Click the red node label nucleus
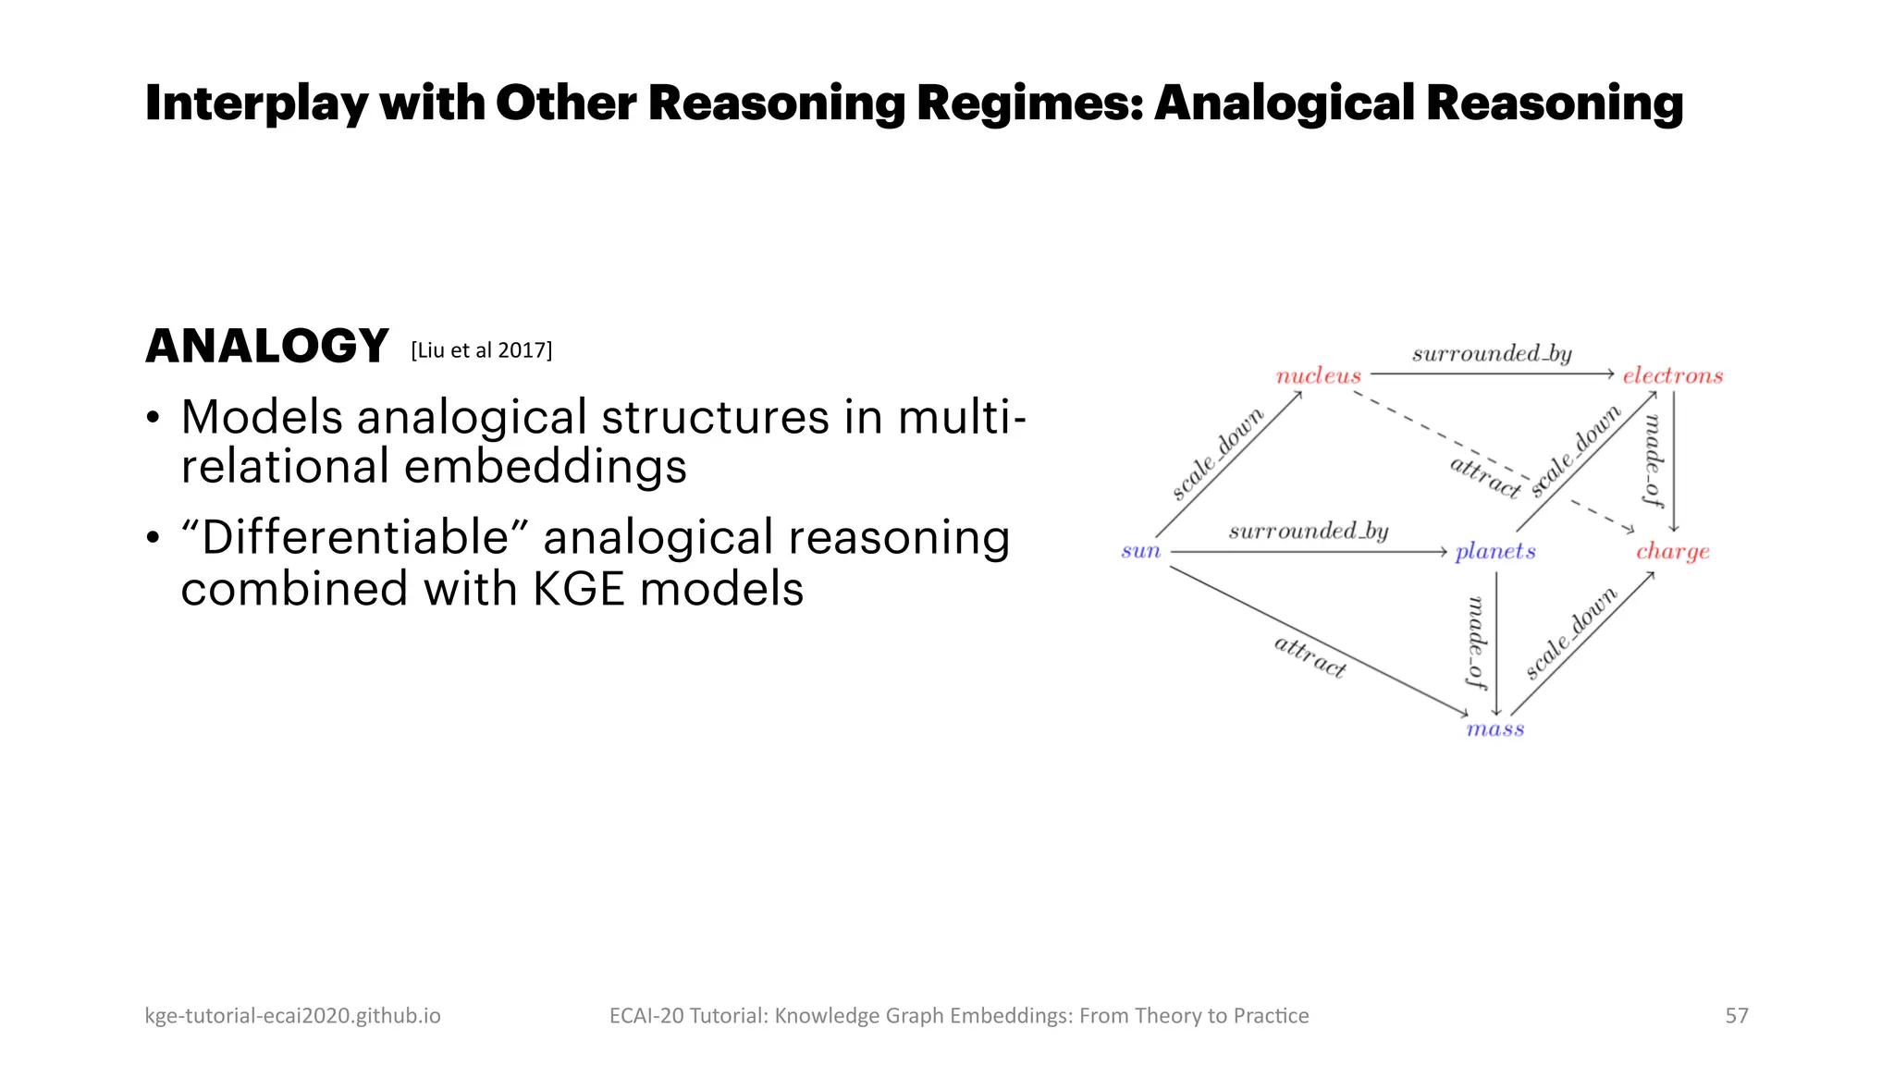point(1318,375)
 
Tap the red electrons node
point(1672,375)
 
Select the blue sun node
point(1140,551)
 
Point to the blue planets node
point(1494,552)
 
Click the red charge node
point(1672,552)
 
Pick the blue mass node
point(1494,728)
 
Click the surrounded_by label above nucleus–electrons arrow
point(1491,353)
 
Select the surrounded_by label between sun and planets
point(1308,531)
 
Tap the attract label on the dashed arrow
point(1484,476)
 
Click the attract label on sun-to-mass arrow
point(1310,655)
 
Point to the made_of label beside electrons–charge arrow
point(1652,459)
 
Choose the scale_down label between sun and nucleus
point(1217,454)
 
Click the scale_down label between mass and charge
point(1570,632)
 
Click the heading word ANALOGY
point(266,347)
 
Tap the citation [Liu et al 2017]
point(481,350)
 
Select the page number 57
point(1736,1015)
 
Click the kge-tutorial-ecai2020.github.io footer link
point(292,1015)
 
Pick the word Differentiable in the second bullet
point(355,537)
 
